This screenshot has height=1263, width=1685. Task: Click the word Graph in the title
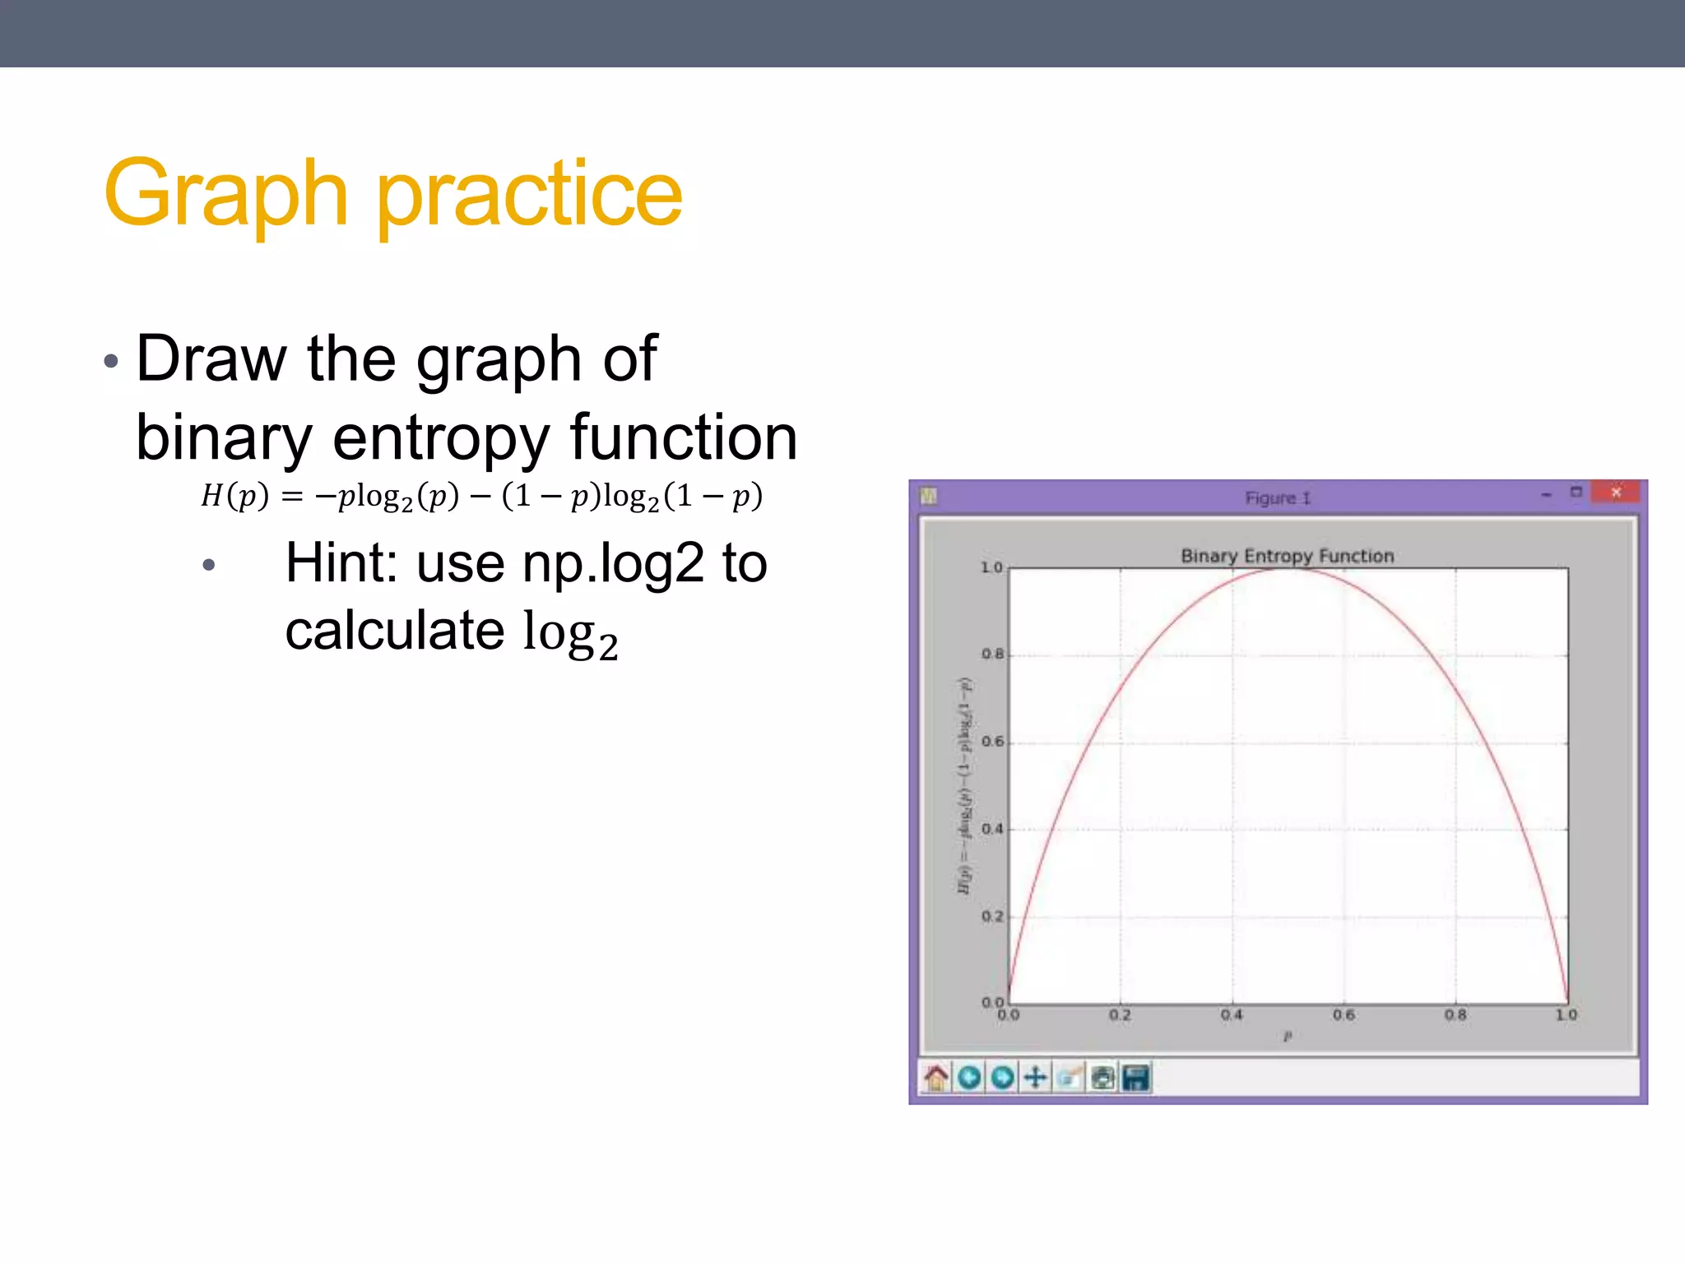(x=226, y=195)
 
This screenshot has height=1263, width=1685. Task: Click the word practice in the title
(x=530, y=195)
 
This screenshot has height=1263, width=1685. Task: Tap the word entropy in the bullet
(x=441, y=437)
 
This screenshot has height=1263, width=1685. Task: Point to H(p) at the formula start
(x=234, y=496)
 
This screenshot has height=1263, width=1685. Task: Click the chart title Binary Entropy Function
(x=1287, y=556)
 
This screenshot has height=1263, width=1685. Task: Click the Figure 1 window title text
(x=1277, y=498)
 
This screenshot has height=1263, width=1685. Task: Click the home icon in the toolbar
(x=935, y=1077)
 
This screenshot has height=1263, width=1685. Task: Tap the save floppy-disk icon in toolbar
(x=1135, y=1077)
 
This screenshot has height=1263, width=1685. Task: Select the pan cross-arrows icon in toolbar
(x=1035, y=1077)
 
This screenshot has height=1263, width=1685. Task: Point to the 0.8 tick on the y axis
(x=992, y=655)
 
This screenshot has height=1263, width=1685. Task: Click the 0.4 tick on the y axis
(x=992, y=829)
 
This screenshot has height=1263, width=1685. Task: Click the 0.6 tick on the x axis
(x=1344, y=1015)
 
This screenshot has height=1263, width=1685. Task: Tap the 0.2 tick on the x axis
(x=1120, y=1015)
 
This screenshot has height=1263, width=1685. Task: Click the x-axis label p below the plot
(x=1288, y=1037)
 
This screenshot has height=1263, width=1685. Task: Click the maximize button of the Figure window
(x=1576, y=493)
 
